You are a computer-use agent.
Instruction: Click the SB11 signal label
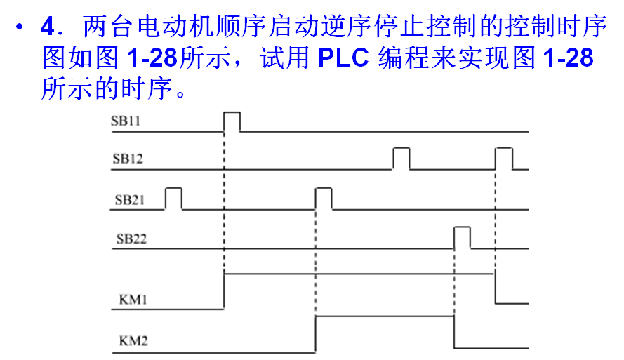coord(126,121)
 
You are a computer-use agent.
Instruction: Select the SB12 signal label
coord(127,159)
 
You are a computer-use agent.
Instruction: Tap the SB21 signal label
coord(129,199)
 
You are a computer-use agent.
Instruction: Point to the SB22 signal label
coord(131,239)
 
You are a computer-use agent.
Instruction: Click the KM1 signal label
coord(128,300)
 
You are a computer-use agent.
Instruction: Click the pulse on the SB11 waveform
coord(232,121)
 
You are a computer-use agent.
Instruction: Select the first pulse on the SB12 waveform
coord(401,159)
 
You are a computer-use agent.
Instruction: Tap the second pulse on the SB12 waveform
coord(503,159)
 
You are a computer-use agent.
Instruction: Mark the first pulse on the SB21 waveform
coord(173,199)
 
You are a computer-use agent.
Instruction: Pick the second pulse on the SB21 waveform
coord(324,199)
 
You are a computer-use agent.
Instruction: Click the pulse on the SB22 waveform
coord(462,238)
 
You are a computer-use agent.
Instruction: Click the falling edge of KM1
coord(495,288)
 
